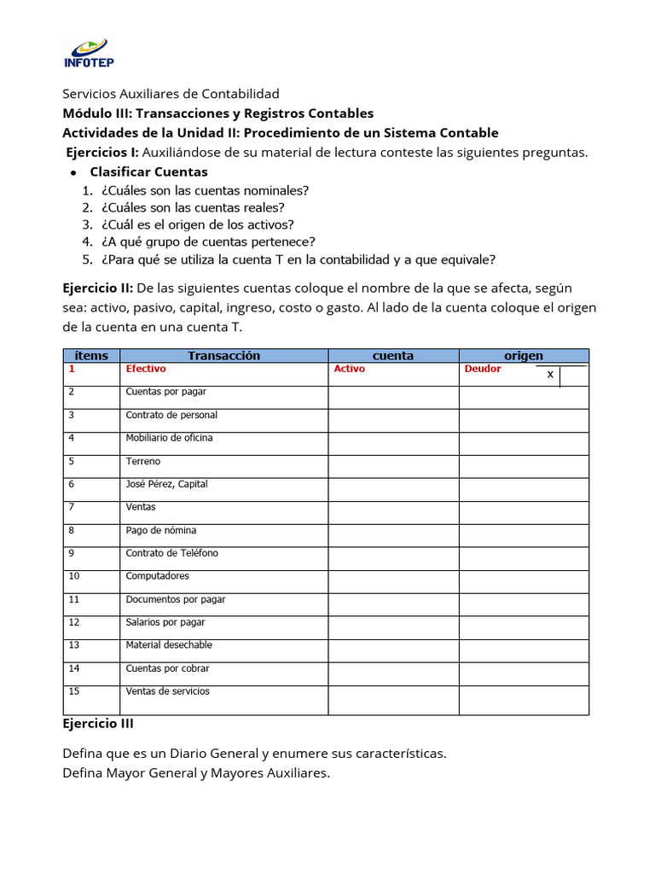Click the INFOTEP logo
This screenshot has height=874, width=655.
[x=89, y=54]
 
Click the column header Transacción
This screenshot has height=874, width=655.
[x=223, y=356]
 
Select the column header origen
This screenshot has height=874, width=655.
[x=524, y=356]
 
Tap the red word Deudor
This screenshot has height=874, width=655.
[x=483, y=370]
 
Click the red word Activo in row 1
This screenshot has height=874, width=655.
[x=349, y=370]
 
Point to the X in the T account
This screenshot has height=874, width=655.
[x=550, y=375]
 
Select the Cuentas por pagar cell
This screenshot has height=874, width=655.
[x=166, y=392]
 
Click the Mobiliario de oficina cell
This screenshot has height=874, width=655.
[x=169, y=438]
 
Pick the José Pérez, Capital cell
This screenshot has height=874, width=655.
[x=166, y=484]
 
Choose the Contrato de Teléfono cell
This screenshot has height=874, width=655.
[x=171, y=553]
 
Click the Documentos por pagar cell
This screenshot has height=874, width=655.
[x=175, y=599]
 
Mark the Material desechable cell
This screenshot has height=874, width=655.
[x=169, y=645]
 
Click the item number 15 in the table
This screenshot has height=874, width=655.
[x=73, y=691]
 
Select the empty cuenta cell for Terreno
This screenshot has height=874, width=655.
[x=393, y=466]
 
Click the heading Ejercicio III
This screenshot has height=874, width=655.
[x=98, y=724]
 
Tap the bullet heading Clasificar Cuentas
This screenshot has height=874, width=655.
[x=148, y=172]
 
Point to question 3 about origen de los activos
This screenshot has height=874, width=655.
[x=197, y=224]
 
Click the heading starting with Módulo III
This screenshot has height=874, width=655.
[x=218, y=114]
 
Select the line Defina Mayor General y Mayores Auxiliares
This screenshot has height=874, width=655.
[x=196, y=773]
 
